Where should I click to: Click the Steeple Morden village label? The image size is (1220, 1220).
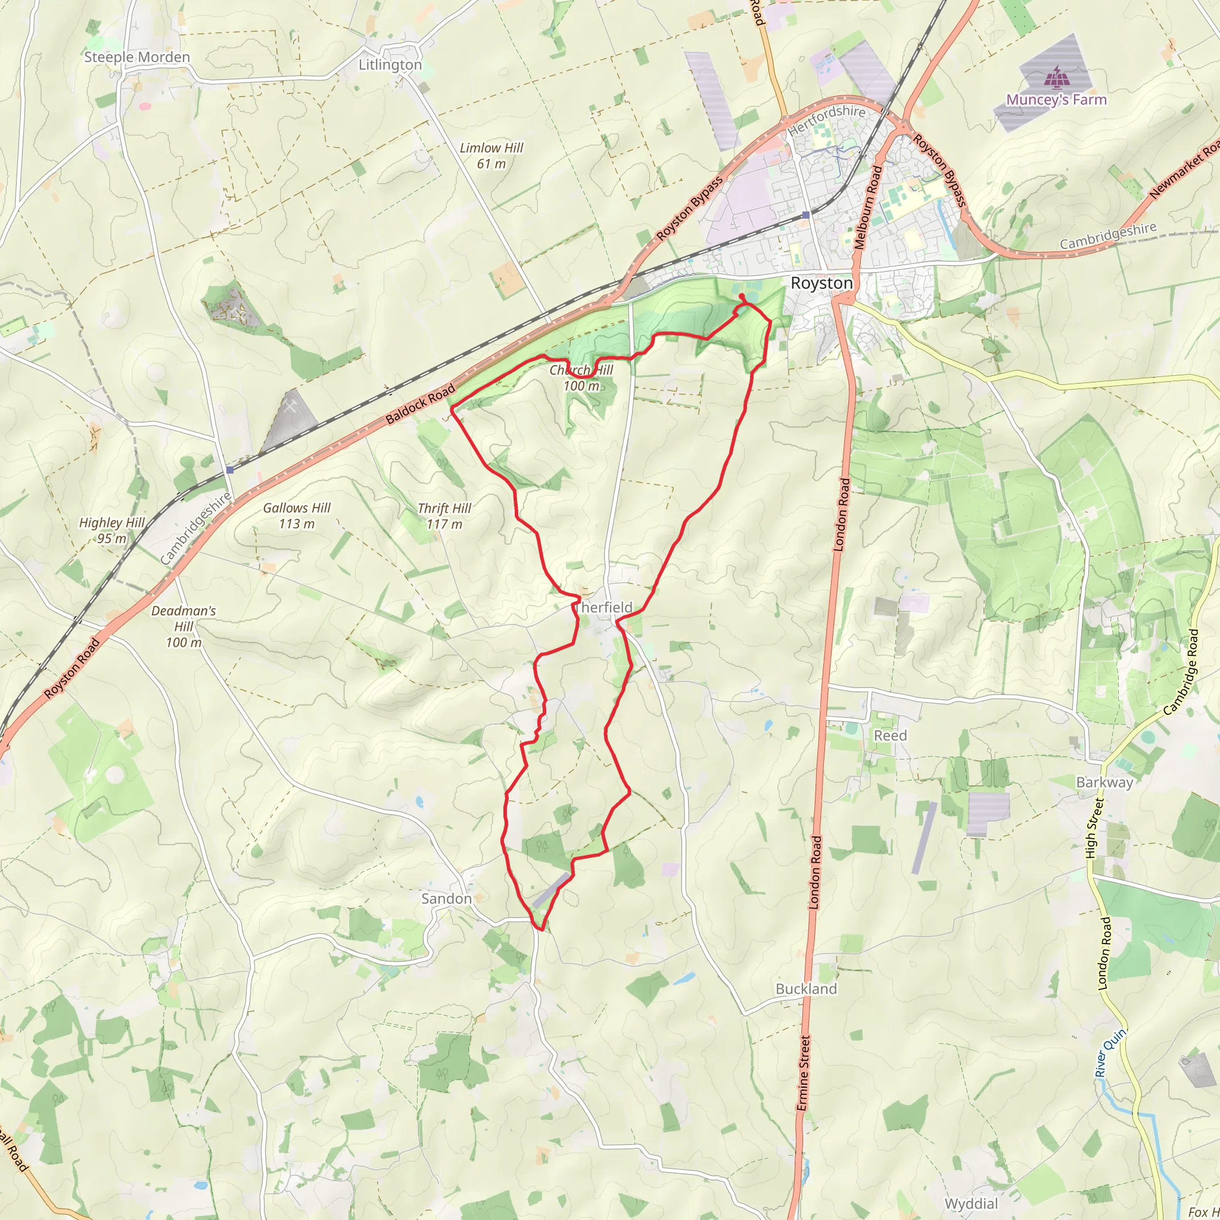point(136,57)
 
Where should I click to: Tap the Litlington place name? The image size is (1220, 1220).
point(390,65)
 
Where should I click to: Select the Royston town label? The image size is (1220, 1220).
point(821,283)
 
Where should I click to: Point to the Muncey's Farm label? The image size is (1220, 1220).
point(1056,99)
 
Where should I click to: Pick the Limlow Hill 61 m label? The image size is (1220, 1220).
point(491,155)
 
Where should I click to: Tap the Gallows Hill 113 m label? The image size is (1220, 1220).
point(297,515)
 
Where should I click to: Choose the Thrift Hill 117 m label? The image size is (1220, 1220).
point(444,516)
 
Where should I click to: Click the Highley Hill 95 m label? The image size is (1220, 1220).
point(112,530)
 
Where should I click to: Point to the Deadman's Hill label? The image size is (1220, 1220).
point(183,627)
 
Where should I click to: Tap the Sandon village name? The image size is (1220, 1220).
point(446,898)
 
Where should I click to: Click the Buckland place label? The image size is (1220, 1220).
point(806,989)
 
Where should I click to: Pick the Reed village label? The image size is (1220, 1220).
point(890,736)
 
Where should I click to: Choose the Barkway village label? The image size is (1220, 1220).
point(1104,782)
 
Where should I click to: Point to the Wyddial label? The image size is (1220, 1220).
point(970,1203)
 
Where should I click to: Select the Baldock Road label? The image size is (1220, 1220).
point(420,404)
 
